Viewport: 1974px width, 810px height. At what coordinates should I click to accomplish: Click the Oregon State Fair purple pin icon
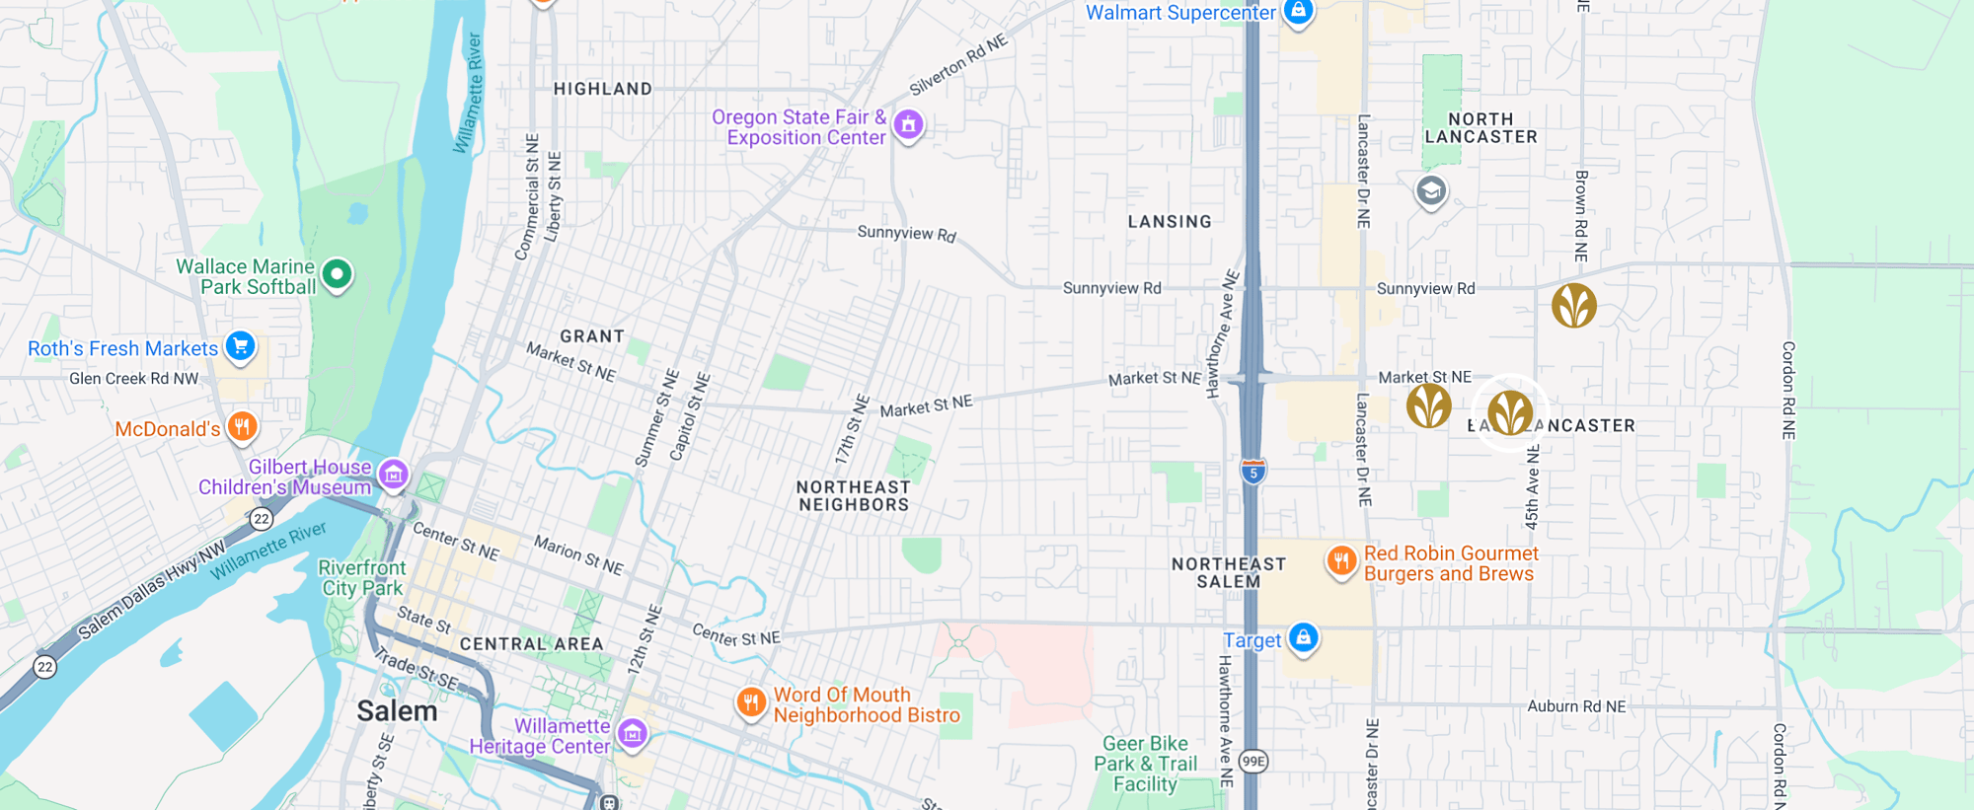(908, 124)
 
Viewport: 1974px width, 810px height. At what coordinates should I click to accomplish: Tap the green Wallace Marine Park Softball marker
(337, 273)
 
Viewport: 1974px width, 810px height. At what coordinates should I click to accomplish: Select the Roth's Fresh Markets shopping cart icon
(240, 345)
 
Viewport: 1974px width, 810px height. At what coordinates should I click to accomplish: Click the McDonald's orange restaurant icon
(242, 426)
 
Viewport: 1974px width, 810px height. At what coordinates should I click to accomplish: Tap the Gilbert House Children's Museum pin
(394, 474)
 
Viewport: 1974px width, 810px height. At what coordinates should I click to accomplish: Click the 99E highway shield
(1253, 761)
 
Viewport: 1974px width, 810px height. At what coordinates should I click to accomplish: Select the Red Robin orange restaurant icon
(1340, 561)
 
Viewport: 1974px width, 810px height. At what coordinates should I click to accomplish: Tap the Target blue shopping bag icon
(1303, 637)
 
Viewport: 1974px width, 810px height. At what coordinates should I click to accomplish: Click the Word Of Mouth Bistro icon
(751, 702)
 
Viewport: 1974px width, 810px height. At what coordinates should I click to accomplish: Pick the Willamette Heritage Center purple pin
(632, 733)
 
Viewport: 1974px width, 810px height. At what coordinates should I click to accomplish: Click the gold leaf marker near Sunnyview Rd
(1573, 305)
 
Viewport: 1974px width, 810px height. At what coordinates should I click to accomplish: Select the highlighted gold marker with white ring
(1510, 412)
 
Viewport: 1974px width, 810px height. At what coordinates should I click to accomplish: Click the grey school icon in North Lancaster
(1430, 190)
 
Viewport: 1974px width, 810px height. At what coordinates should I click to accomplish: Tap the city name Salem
(397, 711)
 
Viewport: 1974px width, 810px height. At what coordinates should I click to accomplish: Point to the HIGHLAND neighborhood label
(602, 89)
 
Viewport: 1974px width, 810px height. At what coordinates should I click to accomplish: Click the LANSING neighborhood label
(1170, 222)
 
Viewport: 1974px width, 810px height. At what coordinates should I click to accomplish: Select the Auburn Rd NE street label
(1576, 706)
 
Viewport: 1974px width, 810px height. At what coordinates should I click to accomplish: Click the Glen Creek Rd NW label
(133, 379)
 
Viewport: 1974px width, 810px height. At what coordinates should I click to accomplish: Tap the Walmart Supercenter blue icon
(1298, 11)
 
